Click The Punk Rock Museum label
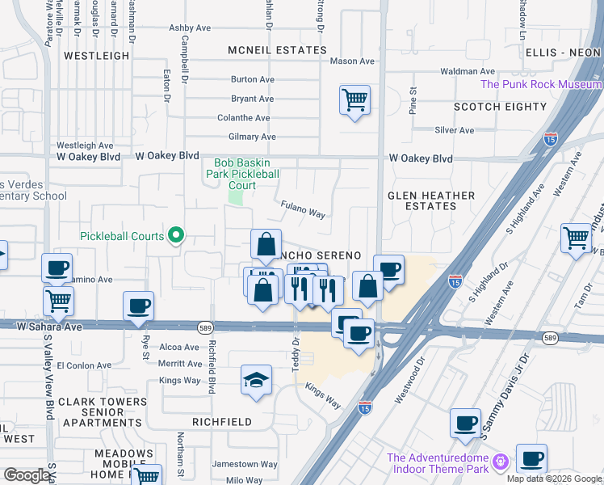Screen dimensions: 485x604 (541, 84)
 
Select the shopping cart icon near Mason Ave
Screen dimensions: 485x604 (354, 101)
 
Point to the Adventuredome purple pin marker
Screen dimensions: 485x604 (501, 462)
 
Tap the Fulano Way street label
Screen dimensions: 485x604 (303, 210)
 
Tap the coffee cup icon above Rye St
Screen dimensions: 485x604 (138, 306)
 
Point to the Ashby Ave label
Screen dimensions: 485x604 (189, 27)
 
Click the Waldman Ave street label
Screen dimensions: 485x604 (468, 71)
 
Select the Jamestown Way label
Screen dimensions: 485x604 (245, 465)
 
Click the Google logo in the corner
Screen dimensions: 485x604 (27, 475)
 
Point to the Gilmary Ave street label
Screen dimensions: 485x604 (252, 137)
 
